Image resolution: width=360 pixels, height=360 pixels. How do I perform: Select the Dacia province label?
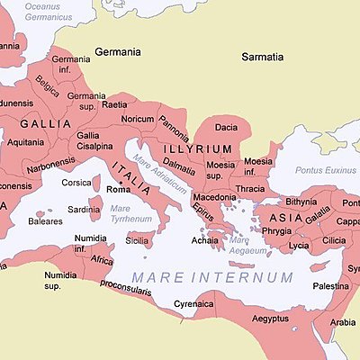(x=227, y=128)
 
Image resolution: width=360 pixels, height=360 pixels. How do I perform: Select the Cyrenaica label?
(x=193, y=304)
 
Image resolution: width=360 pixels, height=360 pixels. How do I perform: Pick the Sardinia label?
(x=85, y=210)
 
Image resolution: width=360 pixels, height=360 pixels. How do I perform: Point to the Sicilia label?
(x=137, y=240)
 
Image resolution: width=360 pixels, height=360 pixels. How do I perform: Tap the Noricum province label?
(x=138, y=119)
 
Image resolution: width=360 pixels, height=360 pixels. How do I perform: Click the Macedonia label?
(x=215, y=196)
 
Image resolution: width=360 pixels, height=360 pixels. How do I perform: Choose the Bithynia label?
(x=301, y=202)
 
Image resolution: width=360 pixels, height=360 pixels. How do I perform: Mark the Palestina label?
(x=329, y=285)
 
